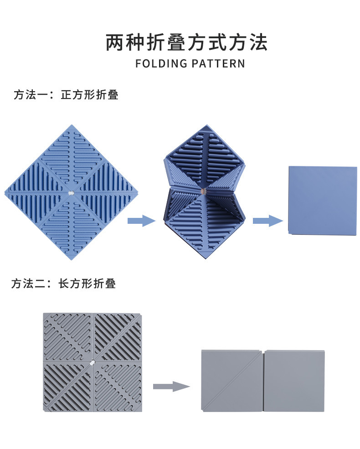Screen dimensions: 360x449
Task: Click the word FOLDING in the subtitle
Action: click(x=161, y=63)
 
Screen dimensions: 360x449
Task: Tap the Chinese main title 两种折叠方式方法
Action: click(x=186, y=42)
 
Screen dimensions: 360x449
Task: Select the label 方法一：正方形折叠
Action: click(x=66, y=95)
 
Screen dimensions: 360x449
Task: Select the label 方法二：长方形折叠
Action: click(x=64, y=284)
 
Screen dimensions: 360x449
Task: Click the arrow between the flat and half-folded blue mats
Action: click(x=141, y=221)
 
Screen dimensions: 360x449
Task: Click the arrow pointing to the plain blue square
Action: click(x=267, y=221)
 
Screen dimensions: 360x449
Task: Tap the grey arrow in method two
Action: click(x=171, y=387)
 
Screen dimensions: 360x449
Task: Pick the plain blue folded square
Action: click(x=323, y=200)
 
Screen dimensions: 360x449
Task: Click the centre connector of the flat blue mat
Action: click(x=71, y=193)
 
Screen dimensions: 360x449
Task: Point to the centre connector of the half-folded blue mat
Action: click(x=203, y=189)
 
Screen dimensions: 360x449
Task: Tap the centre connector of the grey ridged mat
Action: click(x=92, y=363)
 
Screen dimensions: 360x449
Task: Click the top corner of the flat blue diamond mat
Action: click(x=71, y=127)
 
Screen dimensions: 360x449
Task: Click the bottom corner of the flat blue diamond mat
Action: click(x=71, y=258)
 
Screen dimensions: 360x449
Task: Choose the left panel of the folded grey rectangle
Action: click(x=232, y=381)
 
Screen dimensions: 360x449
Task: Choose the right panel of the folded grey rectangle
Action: click(x=294, y=381)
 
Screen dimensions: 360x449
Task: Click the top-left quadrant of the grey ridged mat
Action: click(x=67, y=337)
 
